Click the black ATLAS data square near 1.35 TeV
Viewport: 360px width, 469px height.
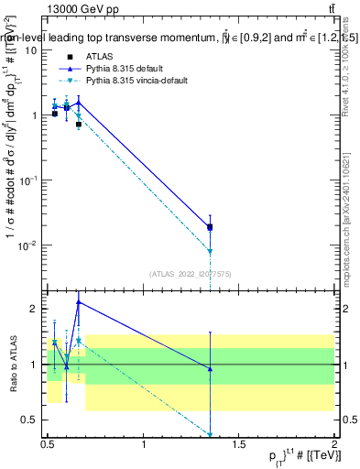[210, 227]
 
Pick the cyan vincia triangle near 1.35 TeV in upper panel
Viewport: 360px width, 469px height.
[210, 251]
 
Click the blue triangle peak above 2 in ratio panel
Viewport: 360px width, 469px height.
[79, 301]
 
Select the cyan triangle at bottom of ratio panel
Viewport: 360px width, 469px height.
[210, 435]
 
